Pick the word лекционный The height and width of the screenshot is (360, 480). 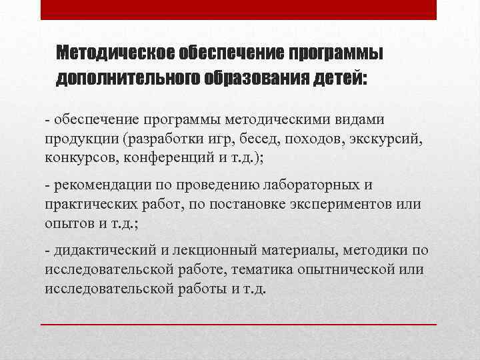coord(215,251)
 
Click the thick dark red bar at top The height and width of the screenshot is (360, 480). coord(239,9)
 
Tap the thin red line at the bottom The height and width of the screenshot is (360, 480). coord(239,324)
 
